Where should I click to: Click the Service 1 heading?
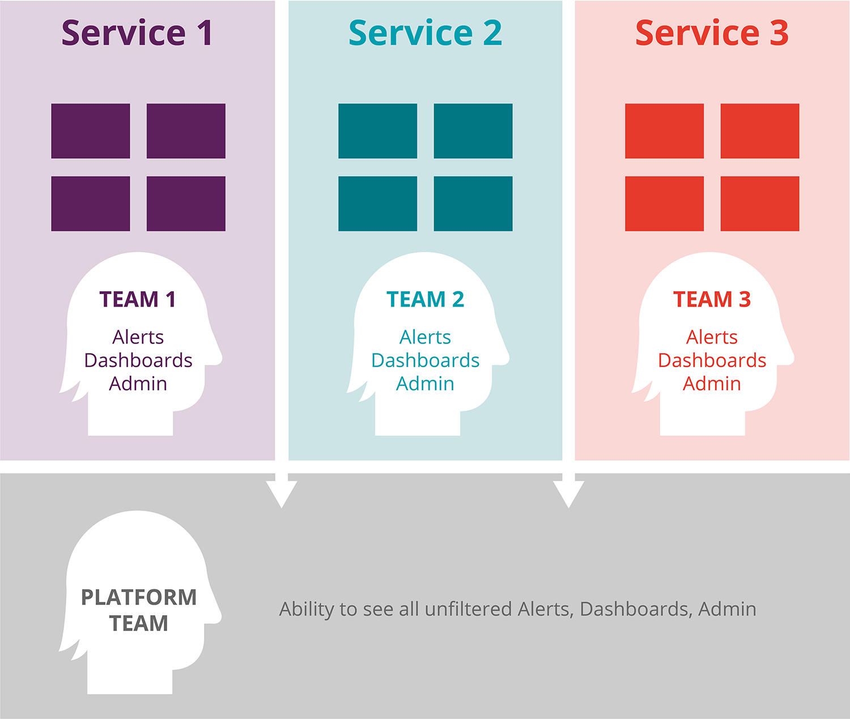click(137, 33)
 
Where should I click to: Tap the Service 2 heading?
click(425, 33)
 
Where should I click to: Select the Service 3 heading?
click(712, 33)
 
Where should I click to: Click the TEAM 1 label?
click(138, 299)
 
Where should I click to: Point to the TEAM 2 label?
click(425, 299)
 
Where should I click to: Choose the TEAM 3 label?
click(712, 299)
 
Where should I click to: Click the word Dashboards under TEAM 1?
click(138, 360)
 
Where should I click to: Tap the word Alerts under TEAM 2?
click(425, 337)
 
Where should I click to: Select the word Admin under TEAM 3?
click(712, 384)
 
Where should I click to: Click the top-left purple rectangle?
click(91, 131)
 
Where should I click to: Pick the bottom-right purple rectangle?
click(186, 203)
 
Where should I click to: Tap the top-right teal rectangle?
click(473, 131)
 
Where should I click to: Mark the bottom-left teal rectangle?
click(377, 203)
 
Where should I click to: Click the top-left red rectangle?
click(664, 131)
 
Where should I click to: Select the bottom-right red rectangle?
click(760, 203)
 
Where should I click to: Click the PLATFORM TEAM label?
click(139, 610)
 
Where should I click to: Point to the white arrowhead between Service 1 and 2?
click(282, 493)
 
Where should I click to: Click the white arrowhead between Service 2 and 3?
click(568, 493)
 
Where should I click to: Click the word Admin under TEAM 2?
click(425, 384)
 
